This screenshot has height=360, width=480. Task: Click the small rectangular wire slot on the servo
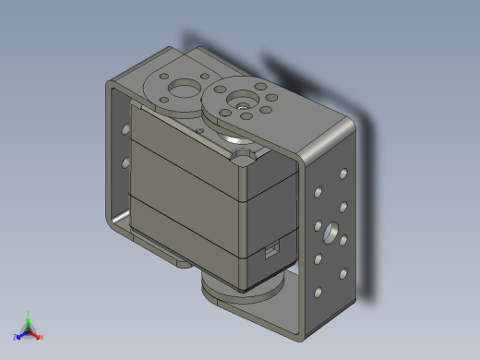(272, 248)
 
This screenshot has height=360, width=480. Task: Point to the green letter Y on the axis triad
(29, 313)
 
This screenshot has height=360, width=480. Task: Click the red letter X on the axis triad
(41, 337)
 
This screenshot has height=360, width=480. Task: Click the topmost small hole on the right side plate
(342, 173)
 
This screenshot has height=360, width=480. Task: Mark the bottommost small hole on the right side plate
(318, 293)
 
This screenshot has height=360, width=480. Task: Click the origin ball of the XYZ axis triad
(28, 330)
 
